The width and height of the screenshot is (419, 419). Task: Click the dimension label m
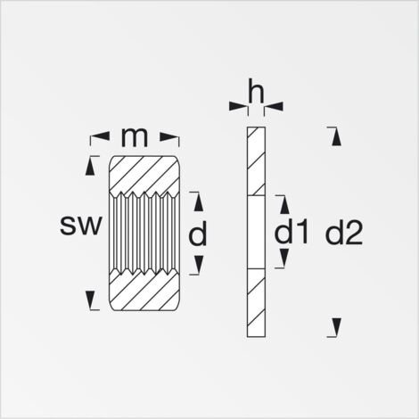(135, 137)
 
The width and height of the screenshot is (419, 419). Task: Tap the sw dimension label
(81, 226)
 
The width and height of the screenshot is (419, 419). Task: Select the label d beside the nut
(198, 234)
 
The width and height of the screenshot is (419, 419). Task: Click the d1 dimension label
(291, 234)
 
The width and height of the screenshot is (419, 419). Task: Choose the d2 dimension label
(344, 234)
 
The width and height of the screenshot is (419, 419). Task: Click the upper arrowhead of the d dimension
(198, 201)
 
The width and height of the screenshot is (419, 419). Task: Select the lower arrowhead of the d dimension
(198, 265)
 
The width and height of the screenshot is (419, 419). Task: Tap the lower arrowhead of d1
(282, 259)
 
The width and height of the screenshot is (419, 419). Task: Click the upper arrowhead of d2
(334, 136)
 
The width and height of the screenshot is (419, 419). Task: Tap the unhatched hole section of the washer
(256, 233)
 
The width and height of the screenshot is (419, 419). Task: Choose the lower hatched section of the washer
(256, 303)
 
